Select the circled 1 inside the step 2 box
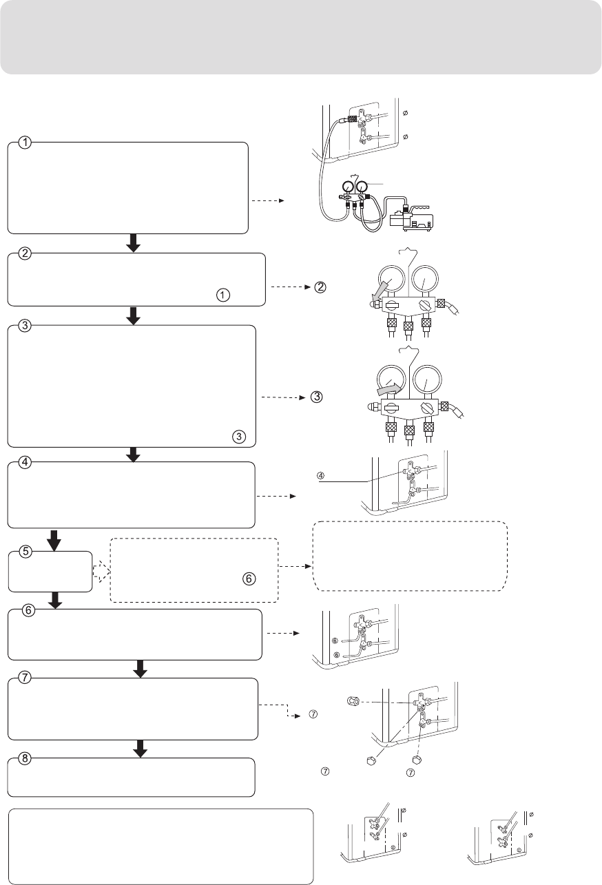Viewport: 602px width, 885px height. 222,294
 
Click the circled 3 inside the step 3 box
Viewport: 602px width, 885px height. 238,436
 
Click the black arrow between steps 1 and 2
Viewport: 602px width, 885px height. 134,243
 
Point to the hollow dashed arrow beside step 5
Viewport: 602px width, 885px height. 102,572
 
